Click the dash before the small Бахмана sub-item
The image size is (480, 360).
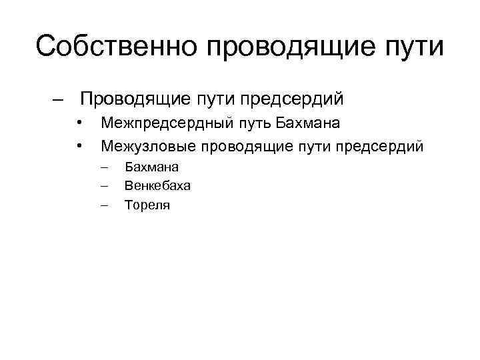click(104, 167)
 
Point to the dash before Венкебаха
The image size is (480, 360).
click(104, 186)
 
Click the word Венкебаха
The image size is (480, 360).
click(153, 186)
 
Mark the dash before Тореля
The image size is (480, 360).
click(104, 205)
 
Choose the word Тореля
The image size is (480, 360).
click(147, 205)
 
